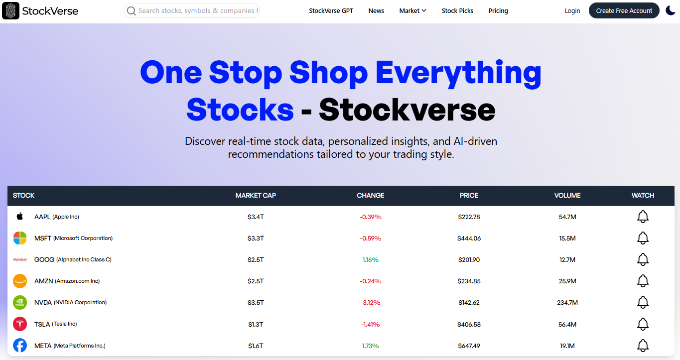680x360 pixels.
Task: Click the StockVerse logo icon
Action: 10,10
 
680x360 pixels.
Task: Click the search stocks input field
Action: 192,10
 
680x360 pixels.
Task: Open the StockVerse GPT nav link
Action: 331,10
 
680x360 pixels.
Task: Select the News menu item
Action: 376,10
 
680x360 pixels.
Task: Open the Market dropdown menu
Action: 412,10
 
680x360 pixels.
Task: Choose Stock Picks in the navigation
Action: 457,10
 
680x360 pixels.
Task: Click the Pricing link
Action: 498,10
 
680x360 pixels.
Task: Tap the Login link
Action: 572,10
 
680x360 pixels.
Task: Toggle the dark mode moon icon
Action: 671,10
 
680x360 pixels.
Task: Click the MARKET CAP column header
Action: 256,196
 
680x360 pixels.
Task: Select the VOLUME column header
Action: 567,196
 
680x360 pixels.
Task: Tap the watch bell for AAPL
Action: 643,217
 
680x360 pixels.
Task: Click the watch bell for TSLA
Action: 643,324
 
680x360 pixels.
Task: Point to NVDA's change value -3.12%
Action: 370,303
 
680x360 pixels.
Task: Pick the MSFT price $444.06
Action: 469,239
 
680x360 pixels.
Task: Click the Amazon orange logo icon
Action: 20,281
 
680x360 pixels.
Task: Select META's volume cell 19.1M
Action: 567,346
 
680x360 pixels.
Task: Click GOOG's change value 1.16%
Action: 370,260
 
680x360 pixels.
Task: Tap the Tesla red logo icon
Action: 20,324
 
